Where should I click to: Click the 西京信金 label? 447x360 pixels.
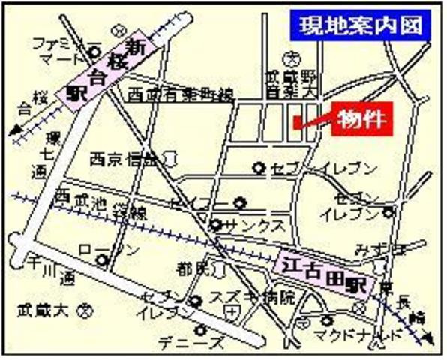tap(122, 159)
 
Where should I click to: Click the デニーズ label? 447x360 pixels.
tap(190, 343)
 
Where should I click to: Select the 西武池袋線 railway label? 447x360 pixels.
tap(86, 204)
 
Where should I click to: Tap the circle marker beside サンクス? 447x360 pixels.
tap(215, 224)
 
